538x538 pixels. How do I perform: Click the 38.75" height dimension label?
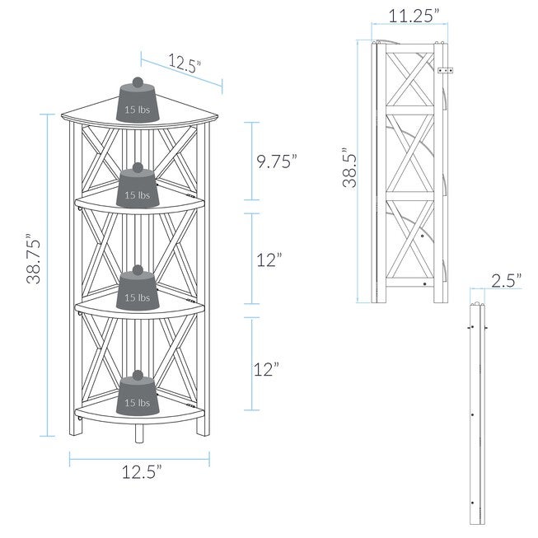pos(34,259)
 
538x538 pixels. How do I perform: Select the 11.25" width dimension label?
pos(414,16)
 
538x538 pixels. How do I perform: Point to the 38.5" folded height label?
pos(349,167)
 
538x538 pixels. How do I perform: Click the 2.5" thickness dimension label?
pos(507,281)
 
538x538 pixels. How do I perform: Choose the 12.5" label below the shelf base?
pos(142,472)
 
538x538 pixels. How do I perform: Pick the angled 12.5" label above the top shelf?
pos(184,64)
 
